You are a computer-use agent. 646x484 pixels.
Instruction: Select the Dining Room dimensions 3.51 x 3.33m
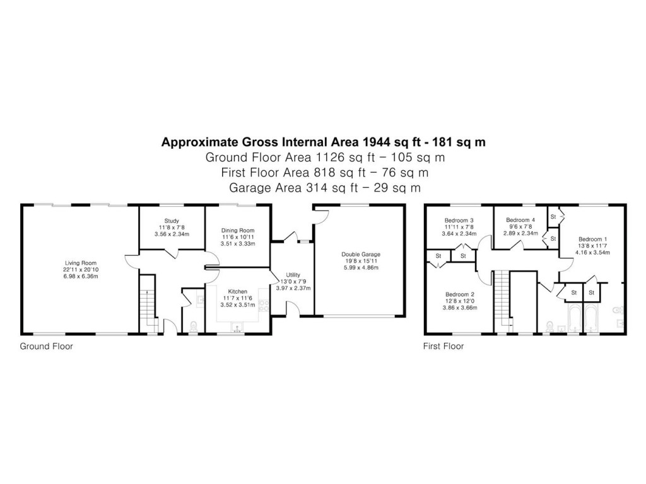(237, 243)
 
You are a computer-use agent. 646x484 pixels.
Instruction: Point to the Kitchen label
(237, 291)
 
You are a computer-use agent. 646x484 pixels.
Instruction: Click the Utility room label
(293, 275)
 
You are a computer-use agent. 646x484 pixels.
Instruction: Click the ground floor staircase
(147, 309)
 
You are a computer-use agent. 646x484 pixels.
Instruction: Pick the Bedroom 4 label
(520, 220)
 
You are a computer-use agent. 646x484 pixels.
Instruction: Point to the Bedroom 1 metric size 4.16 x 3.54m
(593, 253)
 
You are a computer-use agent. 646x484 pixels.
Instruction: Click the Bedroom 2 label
(459, 294)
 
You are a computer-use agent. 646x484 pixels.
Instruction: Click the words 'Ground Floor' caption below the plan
(46, 346)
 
